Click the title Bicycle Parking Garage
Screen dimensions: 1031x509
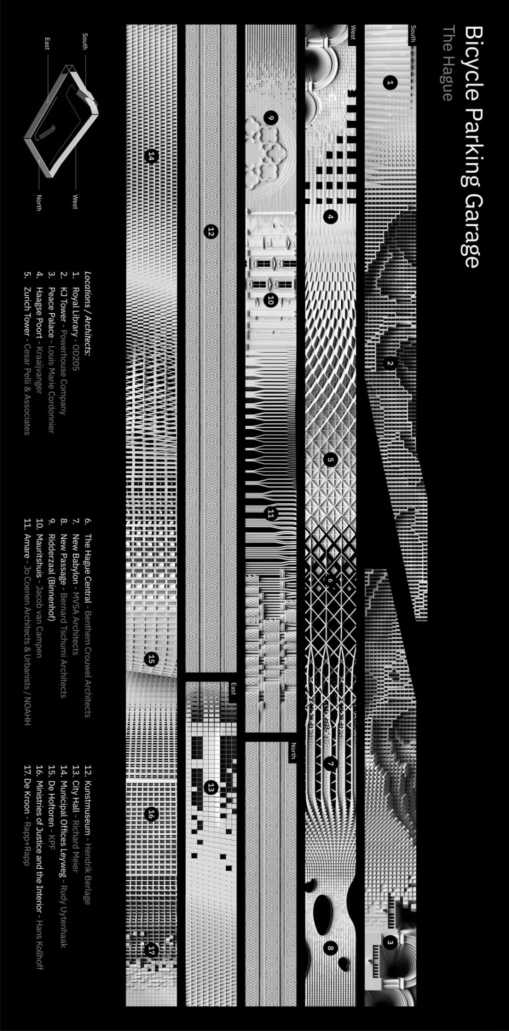[471, 146]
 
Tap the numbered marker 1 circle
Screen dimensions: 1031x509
[389, 83]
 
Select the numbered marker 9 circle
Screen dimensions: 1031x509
[270, 118]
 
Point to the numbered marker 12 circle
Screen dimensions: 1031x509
[211, 231]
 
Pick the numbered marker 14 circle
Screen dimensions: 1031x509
[151, 156]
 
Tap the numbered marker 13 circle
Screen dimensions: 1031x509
[211, 787]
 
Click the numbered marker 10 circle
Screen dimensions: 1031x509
[270, 299]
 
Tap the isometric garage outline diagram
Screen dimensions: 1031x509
[61, 123]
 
